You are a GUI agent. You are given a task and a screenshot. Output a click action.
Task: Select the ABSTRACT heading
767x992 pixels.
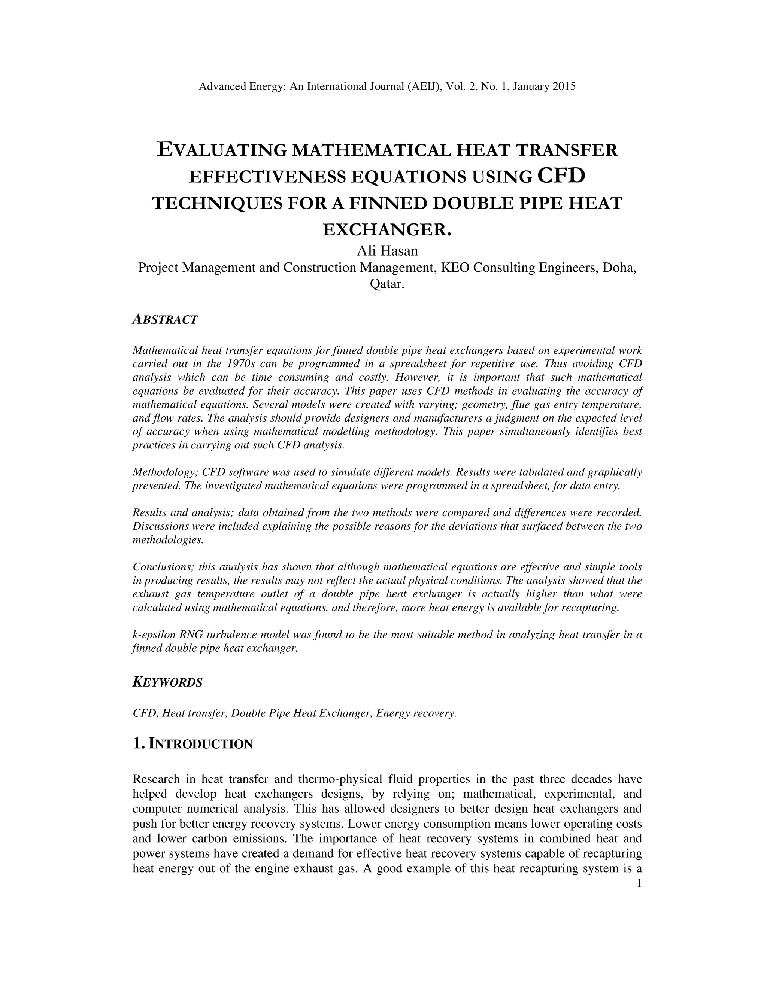(x=165, y=320)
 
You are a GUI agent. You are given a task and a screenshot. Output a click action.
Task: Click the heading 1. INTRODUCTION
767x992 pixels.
(x=192, y=744)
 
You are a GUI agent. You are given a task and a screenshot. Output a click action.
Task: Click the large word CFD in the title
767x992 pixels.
(x=561, y=176)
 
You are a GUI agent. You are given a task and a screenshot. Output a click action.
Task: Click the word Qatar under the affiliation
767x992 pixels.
(x=386, y=284)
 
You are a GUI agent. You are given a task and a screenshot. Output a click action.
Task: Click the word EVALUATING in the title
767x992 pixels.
(x=222, y=150)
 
